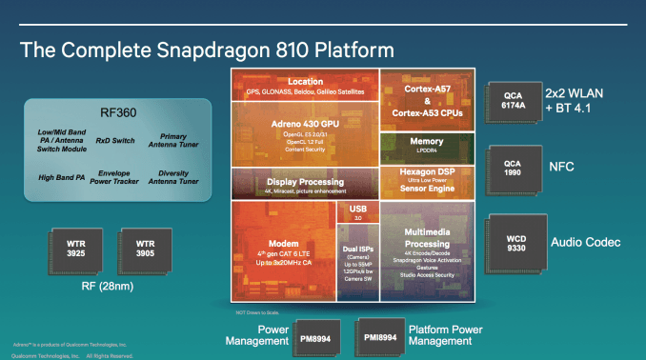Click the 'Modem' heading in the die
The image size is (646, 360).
tap(283, 242)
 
